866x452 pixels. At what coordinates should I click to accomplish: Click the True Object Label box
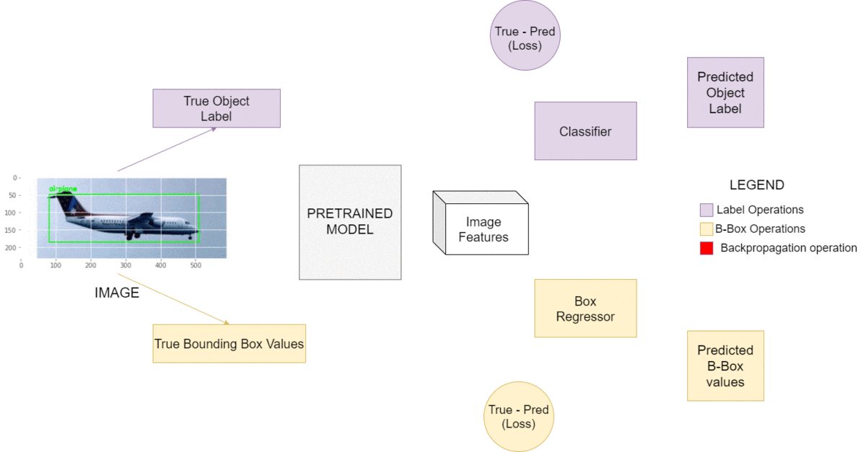216,108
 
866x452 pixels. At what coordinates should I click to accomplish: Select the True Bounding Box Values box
229,344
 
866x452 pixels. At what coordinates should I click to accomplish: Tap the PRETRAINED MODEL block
350,222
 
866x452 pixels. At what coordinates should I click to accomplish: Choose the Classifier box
585,131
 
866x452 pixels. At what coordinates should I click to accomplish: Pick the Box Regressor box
585,309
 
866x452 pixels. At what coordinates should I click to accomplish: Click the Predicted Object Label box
725,93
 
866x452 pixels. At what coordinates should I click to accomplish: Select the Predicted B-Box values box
725,366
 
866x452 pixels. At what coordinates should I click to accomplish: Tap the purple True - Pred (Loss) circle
525,36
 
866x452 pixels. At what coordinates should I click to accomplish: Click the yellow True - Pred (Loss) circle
519,417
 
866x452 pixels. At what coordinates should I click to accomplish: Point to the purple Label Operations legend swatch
707,211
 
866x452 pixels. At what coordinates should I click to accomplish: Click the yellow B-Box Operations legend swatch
707,229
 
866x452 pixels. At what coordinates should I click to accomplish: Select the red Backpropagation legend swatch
707,248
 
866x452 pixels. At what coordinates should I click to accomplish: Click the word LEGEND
756,185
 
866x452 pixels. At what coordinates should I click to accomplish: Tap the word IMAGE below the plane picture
117,293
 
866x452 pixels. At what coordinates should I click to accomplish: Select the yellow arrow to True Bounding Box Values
173,299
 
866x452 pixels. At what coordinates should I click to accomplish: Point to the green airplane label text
63,189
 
